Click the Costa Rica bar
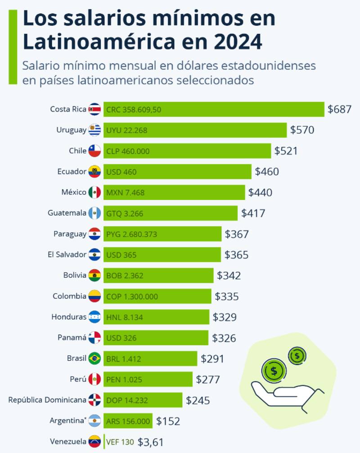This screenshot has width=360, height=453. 214,109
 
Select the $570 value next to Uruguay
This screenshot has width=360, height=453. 302,130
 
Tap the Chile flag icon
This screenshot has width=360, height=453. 94,151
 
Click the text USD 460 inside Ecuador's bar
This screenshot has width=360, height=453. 121,172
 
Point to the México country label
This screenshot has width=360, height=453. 74,192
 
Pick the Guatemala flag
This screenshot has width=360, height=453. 94,213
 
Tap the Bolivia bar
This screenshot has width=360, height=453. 158,276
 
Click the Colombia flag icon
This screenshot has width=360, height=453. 94,296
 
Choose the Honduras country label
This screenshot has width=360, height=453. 69,317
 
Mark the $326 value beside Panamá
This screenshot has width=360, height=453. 224,338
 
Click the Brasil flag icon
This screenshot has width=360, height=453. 94,358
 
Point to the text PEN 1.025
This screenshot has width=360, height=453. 124,380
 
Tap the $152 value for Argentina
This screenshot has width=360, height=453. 168,421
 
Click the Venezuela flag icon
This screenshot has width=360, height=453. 94,442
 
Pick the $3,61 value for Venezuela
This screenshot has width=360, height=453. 150,442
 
